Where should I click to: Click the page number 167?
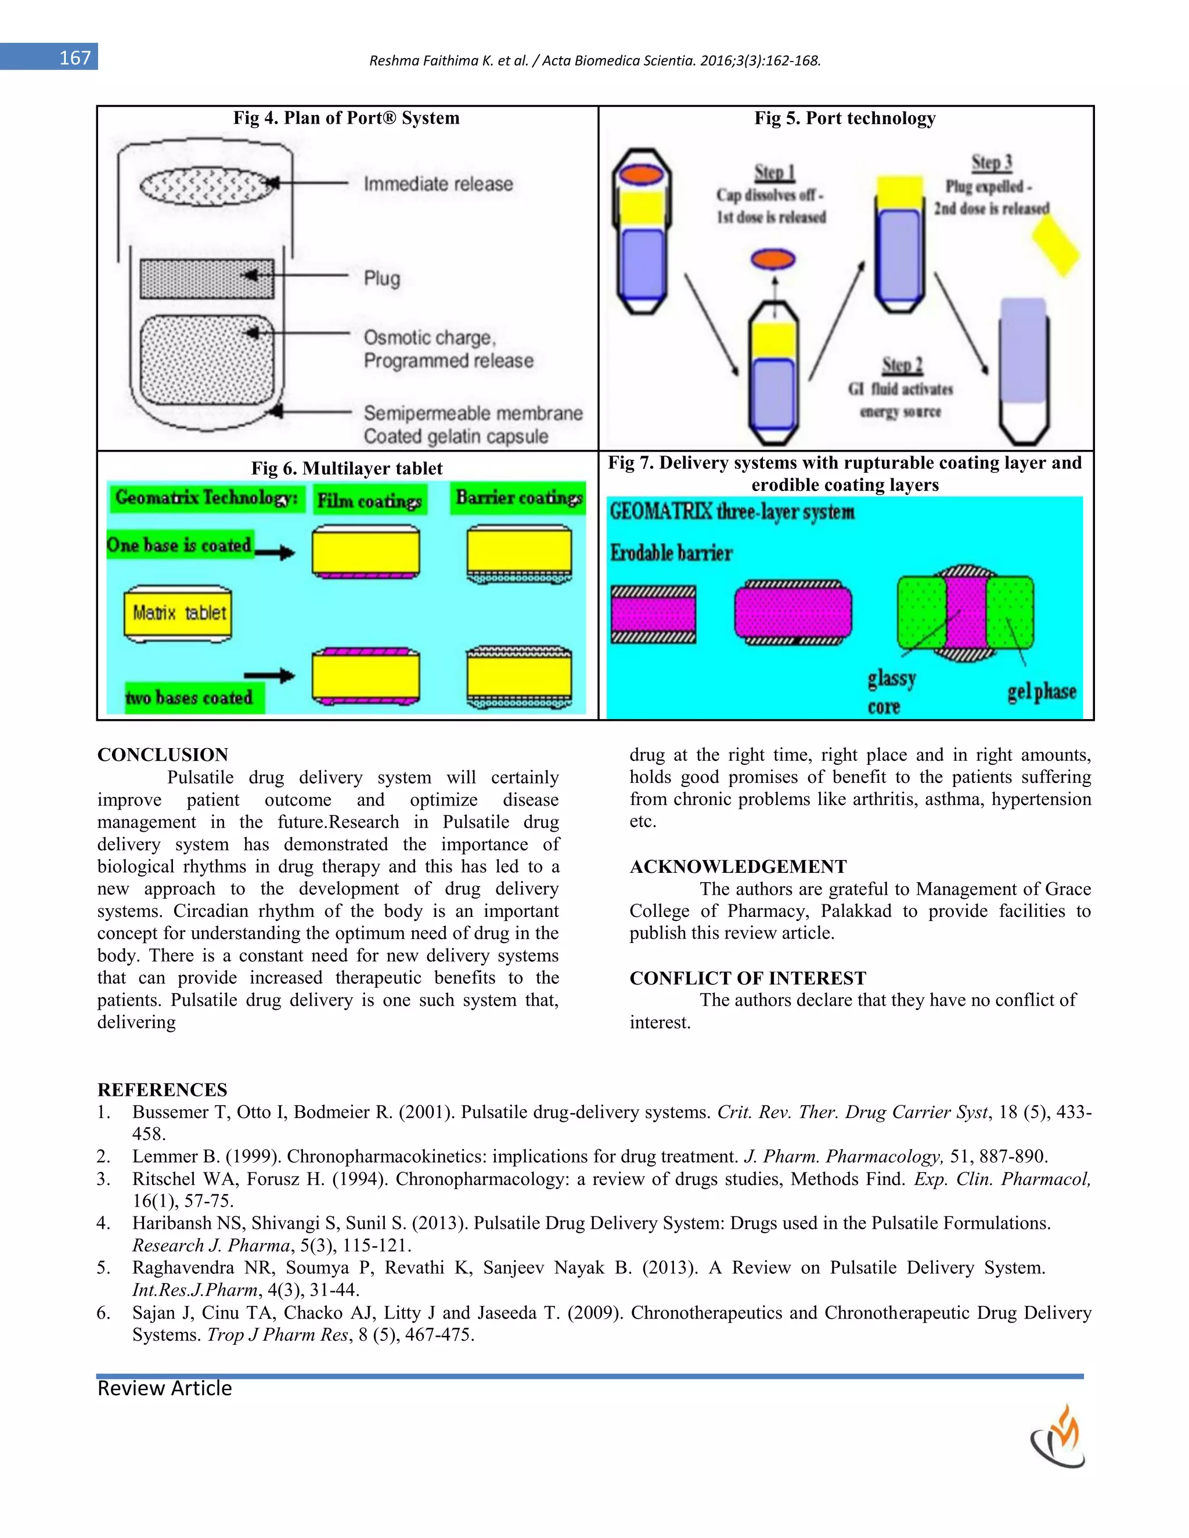pos(75,57)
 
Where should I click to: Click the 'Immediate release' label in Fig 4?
pos(438,184)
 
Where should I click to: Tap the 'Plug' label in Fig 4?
pos(382,278)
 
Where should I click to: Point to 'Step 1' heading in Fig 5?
pos(774,172)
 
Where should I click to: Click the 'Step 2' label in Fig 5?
pos(902,365)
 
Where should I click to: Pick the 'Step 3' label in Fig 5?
pos(992,162)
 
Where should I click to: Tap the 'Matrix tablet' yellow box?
pos(179,613)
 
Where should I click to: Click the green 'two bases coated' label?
pos(189,698)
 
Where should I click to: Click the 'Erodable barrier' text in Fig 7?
pos(671,553)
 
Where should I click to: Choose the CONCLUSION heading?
pos(163,755)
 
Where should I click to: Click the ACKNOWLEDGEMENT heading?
pos(738,866)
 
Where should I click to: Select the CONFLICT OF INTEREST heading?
pos(747,978)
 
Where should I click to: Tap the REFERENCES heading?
pos(162,1089)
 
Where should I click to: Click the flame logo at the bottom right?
pos(1059,1437)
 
